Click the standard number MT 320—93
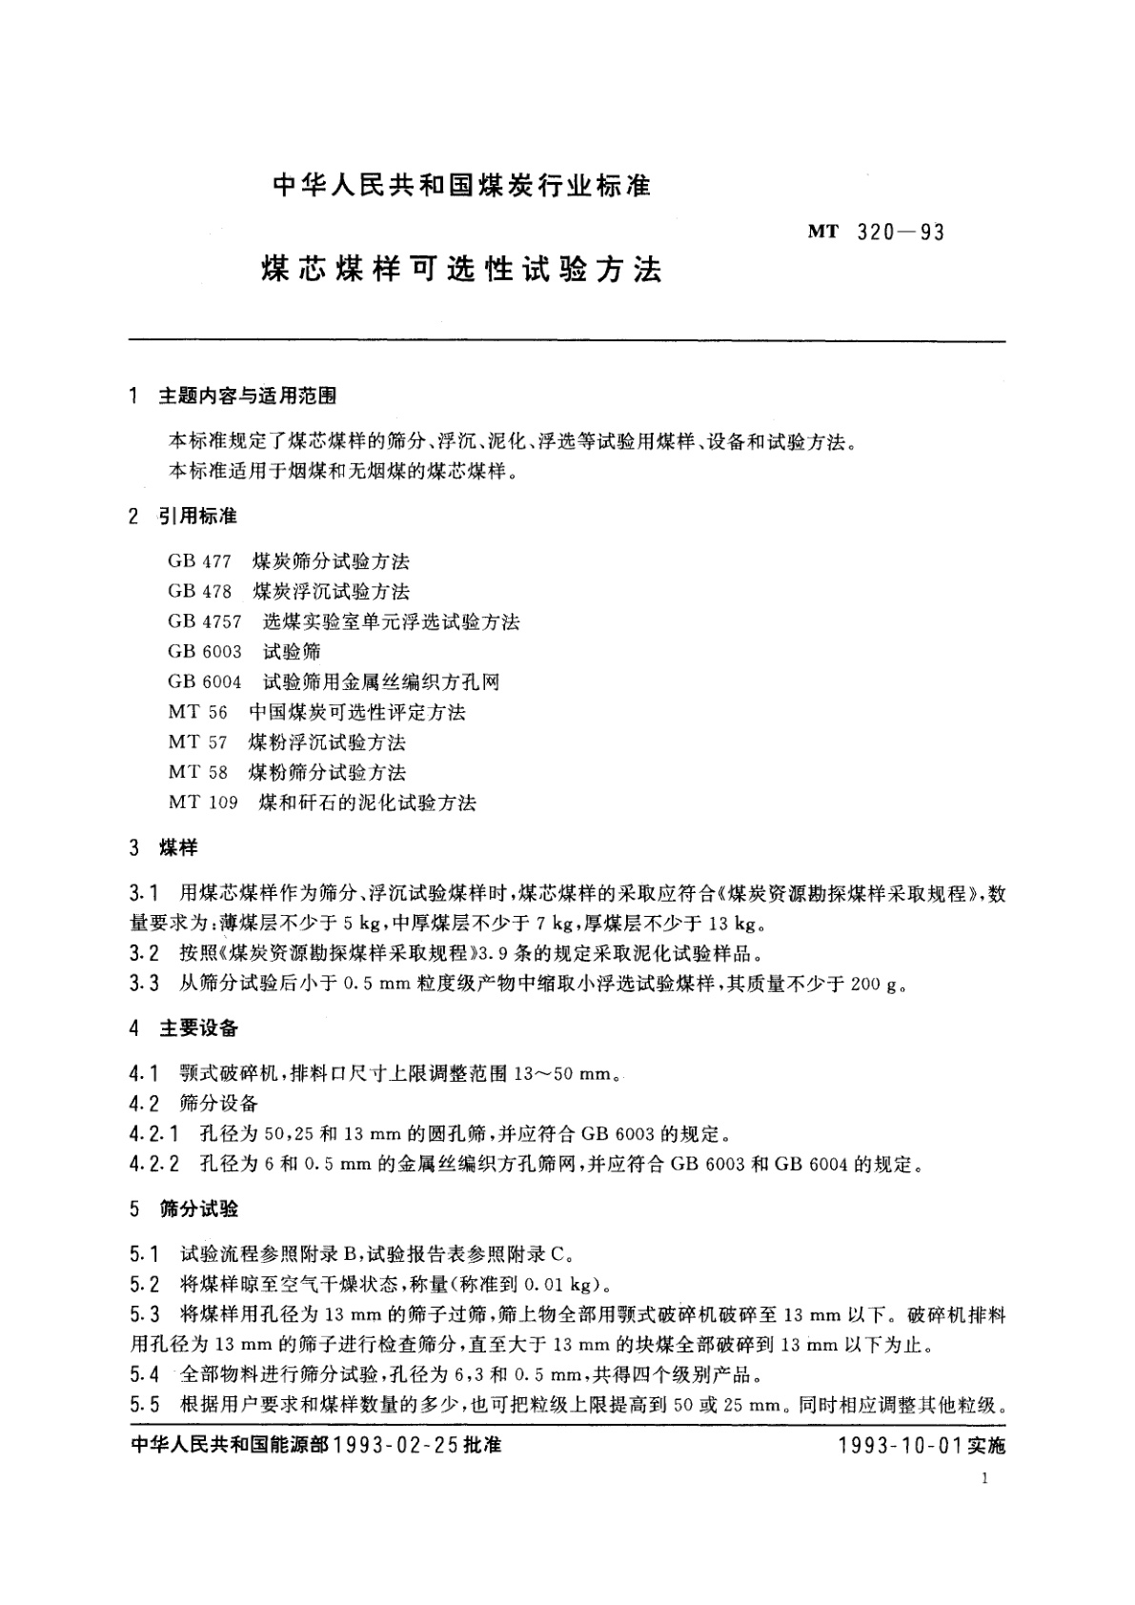(876, 232)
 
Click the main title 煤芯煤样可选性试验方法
(461, 270)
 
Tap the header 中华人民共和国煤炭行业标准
(461, 186)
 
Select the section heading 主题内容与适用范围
(247, 396)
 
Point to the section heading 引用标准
(197, 517)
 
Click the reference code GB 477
(199, 561)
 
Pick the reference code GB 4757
(204, 622)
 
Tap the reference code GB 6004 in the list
(204, 682)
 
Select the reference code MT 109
(203, 802)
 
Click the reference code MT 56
(197, 712)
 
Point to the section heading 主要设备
(198, 1028)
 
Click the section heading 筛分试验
(198, 1209)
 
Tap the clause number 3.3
(145, 984)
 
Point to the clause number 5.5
(145, 1405)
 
